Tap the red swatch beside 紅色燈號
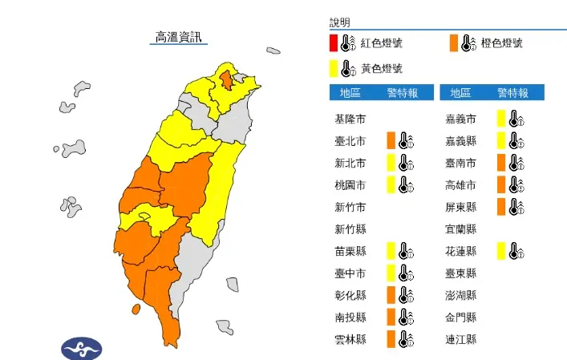click(333, 42)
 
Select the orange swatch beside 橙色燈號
click(454, 42)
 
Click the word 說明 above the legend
click(340, 22)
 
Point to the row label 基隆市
click(350, 119)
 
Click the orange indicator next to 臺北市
click(391, 141)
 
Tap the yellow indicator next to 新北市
click(391, 164)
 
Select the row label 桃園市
click(350, 185)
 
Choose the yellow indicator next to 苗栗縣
click(391, 251)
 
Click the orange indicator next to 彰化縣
click(391, 295)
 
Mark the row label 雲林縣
click(350, 339)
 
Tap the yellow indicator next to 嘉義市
click(501, 119)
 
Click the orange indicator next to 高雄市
click(501, 185)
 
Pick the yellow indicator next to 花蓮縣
click(501, 251)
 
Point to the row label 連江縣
click(461, 339)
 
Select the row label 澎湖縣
click(461, 295)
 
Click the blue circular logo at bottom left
click(82, 349)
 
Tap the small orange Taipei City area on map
click(228, 79)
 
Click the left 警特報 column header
click(401, 92)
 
